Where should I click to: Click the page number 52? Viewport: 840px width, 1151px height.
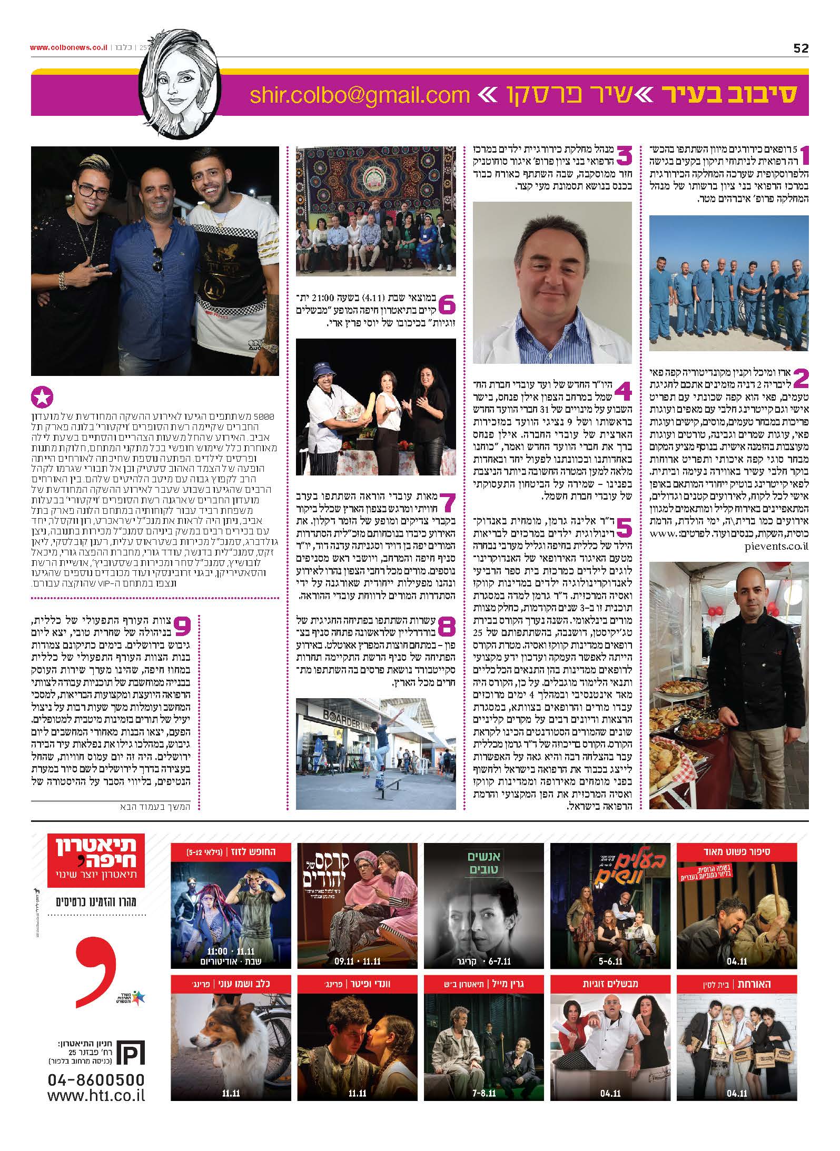pyautogui.click(x=800, y=48)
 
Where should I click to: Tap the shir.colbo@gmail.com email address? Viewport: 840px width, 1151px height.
pyautogui.click(x=359, y=95)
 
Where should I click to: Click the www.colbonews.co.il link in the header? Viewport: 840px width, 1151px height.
pyautogui.click(x=68, y=48)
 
